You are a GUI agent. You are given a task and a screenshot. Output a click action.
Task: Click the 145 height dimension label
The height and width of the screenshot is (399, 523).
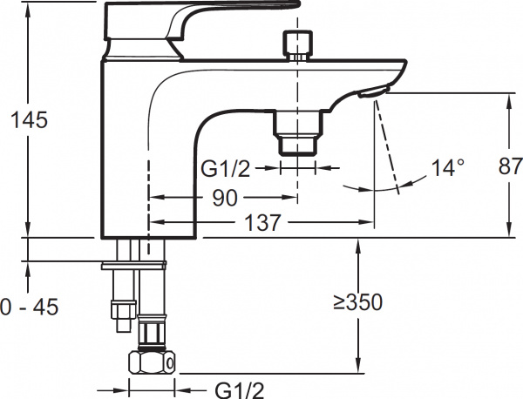click(x=30, y=119)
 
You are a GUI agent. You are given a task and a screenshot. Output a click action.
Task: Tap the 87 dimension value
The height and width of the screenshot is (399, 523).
click(x=510, y=166)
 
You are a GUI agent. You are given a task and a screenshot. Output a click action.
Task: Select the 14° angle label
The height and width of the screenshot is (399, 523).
click(x=448, y=167)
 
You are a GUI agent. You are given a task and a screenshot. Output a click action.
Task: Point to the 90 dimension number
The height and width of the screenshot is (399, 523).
click(x=225, y=198)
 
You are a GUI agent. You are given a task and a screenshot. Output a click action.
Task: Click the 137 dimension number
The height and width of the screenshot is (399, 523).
click(x=263, y=222)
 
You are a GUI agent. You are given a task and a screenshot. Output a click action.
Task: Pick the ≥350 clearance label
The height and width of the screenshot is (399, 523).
click(x=358, y=302)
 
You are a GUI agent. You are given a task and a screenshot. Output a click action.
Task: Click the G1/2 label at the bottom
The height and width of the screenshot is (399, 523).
click(x=239, y=390)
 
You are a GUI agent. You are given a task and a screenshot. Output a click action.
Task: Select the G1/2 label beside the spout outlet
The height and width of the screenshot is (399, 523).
click(x=225, y=169)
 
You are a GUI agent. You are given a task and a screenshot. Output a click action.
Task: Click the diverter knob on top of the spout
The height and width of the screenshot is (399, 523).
click(x=297, y=45)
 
